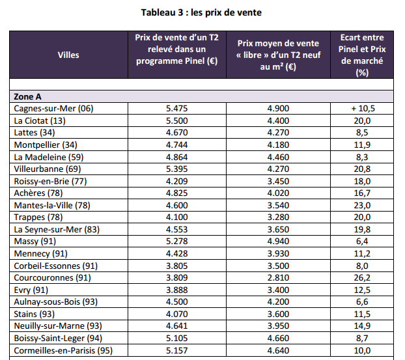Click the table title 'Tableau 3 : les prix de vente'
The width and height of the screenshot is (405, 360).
coord(202,11)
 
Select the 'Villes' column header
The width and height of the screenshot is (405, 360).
coord(68,55)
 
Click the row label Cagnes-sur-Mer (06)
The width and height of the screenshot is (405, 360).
coord(53,108)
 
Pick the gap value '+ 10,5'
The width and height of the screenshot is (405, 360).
coord(362,108)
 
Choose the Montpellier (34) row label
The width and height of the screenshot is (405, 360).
coord(46,145)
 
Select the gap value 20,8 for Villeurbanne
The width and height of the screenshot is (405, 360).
coord(362,169)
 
